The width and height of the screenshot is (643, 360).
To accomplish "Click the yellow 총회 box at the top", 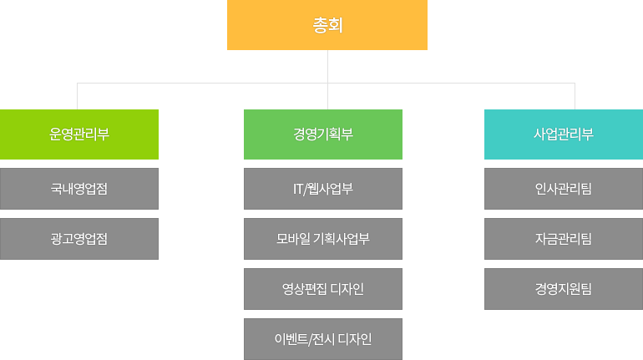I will click(327, 25).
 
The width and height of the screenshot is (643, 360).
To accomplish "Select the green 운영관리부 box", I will click(79, 134).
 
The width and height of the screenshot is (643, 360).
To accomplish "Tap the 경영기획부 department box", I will click(323, 134).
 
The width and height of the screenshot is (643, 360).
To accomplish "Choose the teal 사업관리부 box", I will click(564, 134).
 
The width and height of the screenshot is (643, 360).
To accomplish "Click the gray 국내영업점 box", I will click(79, 188).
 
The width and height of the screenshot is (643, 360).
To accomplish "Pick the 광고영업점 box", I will click(79, 238).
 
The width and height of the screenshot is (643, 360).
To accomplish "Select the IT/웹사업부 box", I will click(323, 188).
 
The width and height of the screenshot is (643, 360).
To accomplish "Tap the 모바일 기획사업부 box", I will click(323, 238).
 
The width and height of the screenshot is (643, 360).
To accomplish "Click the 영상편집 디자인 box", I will click(323, 289).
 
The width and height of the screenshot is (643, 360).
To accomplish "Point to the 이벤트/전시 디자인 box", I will click(323, 338).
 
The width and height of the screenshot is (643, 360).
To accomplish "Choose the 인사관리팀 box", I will click(564, 188).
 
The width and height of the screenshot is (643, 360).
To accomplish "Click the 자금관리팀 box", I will click(564, 238).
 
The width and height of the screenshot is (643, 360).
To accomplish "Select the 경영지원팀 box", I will click(564, 289).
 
